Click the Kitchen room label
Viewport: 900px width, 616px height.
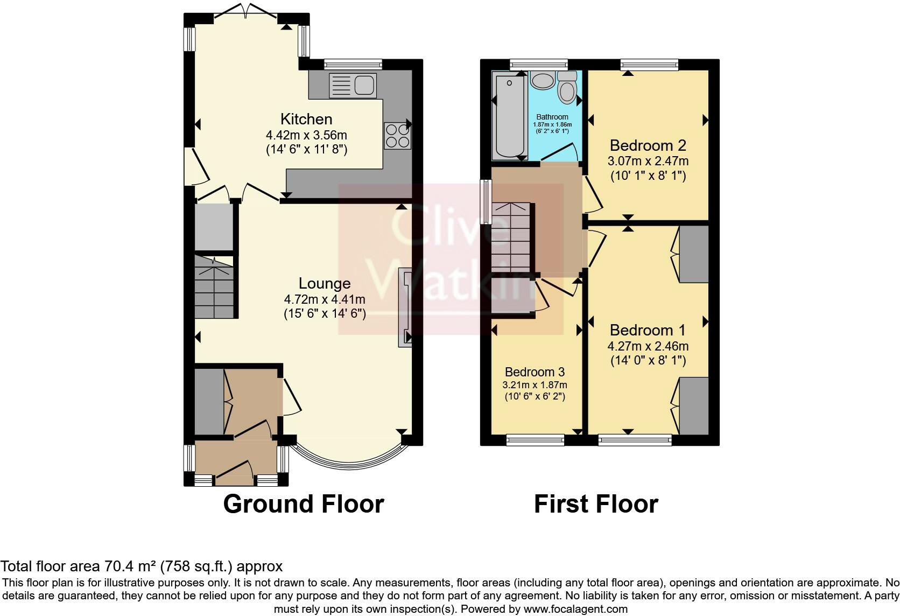tap(306, 119)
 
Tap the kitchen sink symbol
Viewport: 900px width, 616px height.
tap(353, 86)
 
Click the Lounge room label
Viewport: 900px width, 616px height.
tap(325, 284)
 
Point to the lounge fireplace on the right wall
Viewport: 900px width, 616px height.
tap(404, 307)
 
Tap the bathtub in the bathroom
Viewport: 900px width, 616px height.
tap(509, 116)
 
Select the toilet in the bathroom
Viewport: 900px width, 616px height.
tap(567, 89)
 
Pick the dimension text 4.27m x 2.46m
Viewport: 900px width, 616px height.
tap(648, 346)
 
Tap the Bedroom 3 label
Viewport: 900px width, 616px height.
tap(535, 372)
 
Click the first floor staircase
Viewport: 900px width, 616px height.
tap(511, 237)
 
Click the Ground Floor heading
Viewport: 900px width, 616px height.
tap(303, 504)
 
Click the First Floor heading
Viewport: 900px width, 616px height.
tap(596, 504)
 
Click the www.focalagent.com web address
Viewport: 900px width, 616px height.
tap(575, 609)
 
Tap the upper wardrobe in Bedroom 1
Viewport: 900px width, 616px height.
tap(694, 254)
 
